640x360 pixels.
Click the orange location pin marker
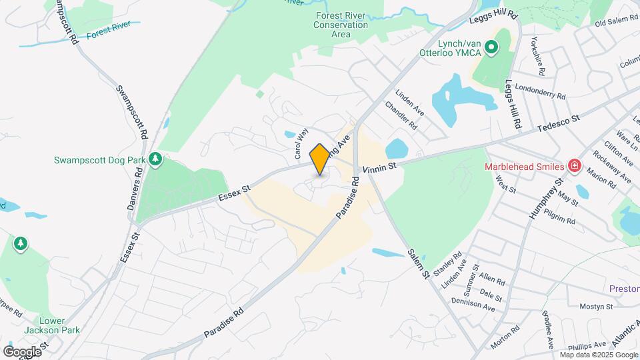pyautogui.click(x=319, y=159)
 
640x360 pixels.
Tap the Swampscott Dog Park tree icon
pyautogui.click(x=155, y=159)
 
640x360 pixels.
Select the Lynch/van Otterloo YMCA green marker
pyautogui.click(x=491, y=47)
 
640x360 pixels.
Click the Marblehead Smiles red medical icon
pyautogui.click(x=573, y=165)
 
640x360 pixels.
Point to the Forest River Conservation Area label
pyautogui.click(x=341, y=25)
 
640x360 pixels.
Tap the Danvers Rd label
pyautogui.click(x=135, y=189)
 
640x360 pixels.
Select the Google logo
pyautogui.click(x=22, y=351)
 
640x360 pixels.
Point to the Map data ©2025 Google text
pyautogui.click(x=602, y=354)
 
